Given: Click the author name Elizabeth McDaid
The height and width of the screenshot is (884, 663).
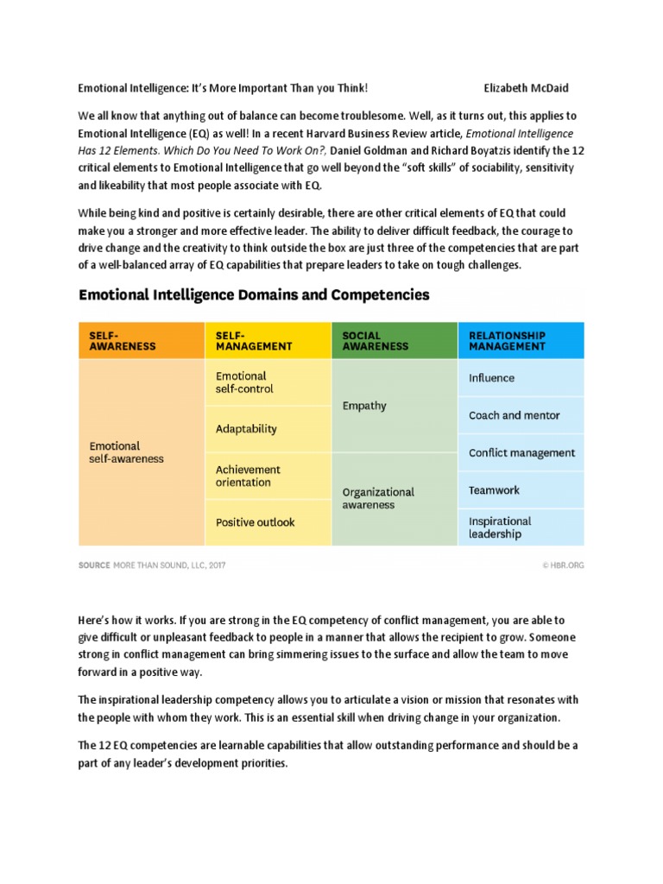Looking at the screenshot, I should [527, 88].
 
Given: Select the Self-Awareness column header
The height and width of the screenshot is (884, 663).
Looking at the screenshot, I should [141, 340].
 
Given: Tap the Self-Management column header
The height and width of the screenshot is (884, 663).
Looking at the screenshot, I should [268, 340].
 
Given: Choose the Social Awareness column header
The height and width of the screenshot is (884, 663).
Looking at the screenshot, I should [395, 340].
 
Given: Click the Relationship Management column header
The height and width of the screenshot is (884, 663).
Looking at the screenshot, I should [521, 340].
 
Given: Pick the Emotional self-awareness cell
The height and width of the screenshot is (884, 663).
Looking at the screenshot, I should [141, 452].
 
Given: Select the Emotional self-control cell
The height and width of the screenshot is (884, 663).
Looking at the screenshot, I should [268, 382].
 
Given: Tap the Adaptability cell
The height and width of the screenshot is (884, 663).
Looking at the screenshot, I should [268, 428].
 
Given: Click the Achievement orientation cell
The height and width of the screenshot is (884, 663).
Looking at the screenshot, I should [268, 476].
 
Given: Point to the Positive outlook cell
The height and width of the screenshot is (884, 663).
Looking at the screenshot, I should [268, 522].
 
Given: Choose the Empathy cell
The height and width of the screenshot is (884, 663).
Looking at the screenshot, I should [395, 406].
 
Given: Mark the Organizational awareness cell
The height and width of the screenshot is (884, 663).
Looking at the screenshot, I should [395, 498].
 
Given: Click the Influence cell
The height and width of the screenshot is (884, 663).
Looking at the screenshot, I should [521, 378].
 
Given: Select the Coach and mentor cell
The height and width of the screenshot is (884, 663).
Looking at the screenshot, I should [521, 415].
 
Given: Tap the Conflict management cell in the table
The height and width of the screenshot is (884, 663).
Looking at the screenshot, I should [521, 452].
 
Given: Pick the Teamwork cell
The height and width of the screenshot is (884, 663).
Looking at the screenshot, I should [521, 489].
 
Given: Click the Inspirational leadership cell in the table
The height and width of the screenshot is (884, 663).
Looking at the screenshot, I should [521, 527].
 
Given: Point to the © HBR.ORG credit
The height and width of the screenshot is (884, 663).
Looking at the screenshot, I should [563, 565].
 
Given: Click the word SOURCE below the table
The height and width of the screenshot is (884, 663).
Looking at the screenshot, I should [94, 565].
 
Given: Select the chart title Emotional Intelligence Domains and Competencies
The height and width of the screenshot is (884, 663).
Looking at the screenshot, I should [254, 294].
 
